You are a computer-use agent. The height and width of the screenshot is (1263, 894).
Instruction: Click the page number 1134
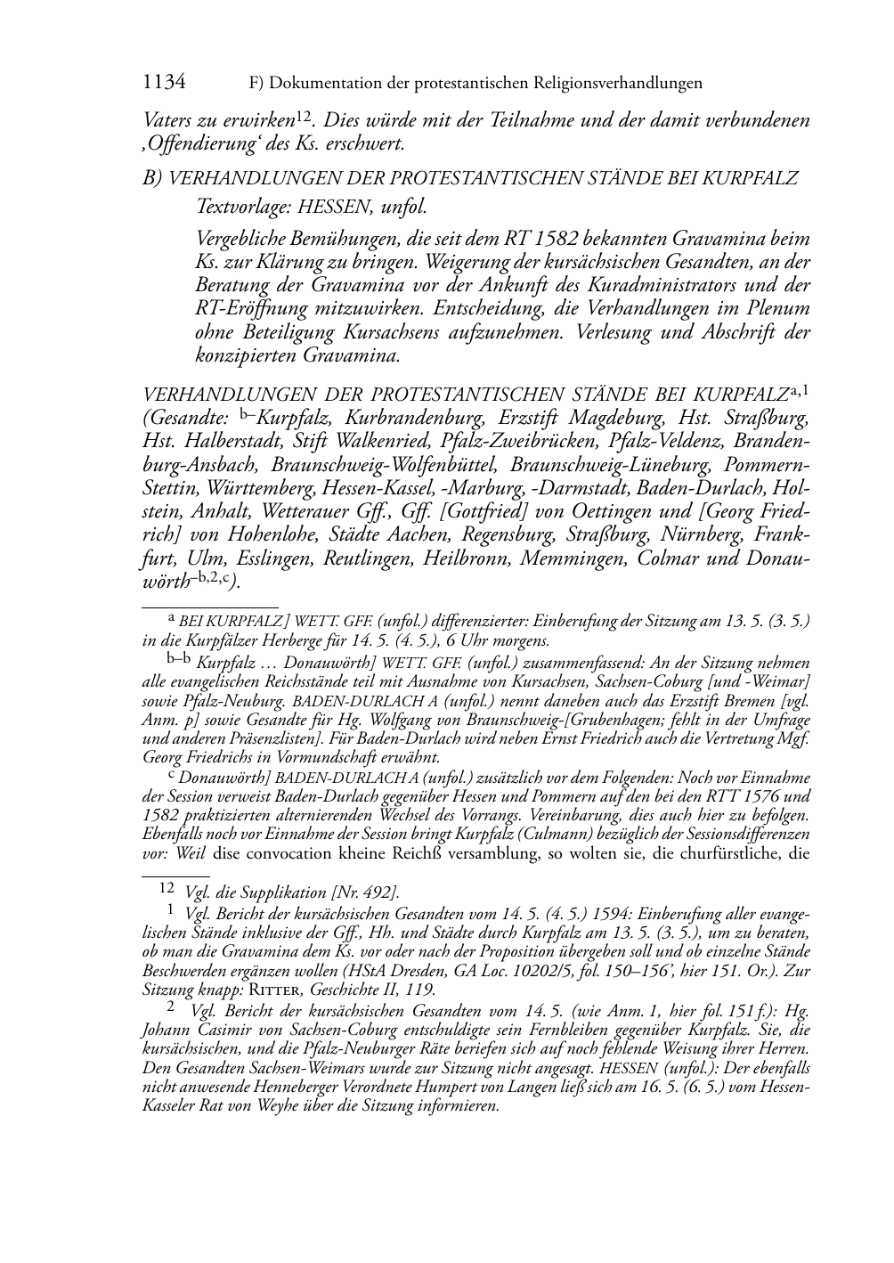pos(164,83)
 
